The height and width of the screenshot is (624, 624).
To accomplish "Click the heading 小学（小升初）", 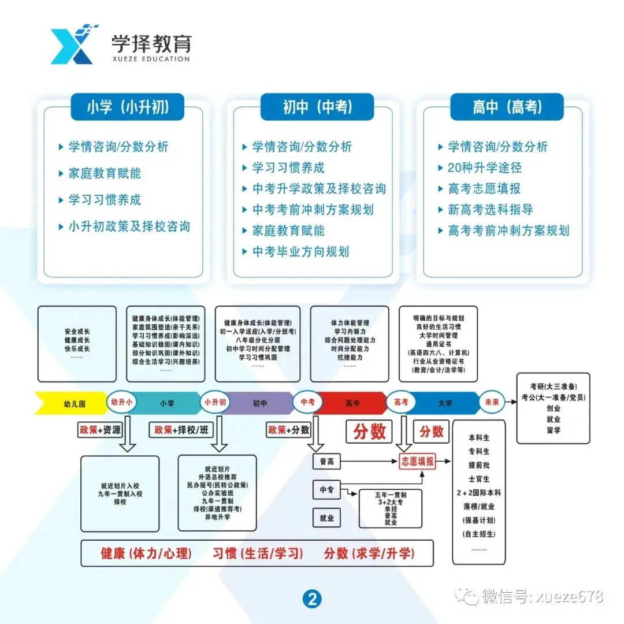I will tap(128, 107).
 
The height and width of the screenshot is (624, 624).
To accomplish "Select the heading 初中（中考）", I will tap(317, 107).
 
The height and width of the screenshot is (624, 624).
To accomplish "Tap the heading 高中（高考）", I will tap(507, 107).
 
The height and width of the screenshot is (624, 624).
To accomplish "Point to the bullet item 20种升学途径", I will tap(484, 168).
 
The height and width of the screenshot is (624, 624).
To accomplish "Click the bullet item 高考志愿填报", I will tap(484, 189).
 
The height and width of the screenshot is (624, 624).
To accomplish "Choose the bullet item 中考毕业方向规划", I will tap(300, 251).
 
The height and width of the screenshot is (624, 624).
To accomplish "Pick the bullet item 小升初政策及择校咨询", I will tap(129, 226).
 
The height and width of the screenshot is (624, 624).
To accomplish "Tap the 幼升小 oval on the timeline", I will tap(122, 402).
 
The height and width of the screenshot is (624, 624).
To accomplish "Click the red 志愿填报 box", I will tap(418, 461).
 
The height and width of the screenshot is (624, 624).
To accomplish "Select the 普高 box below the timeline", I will tap(326, 462).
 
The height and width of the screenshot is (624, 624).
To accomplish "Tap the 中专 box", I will tap(326, 490).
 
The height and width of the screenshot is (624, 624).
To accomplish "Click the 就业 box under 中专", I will tap(326, 518).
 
